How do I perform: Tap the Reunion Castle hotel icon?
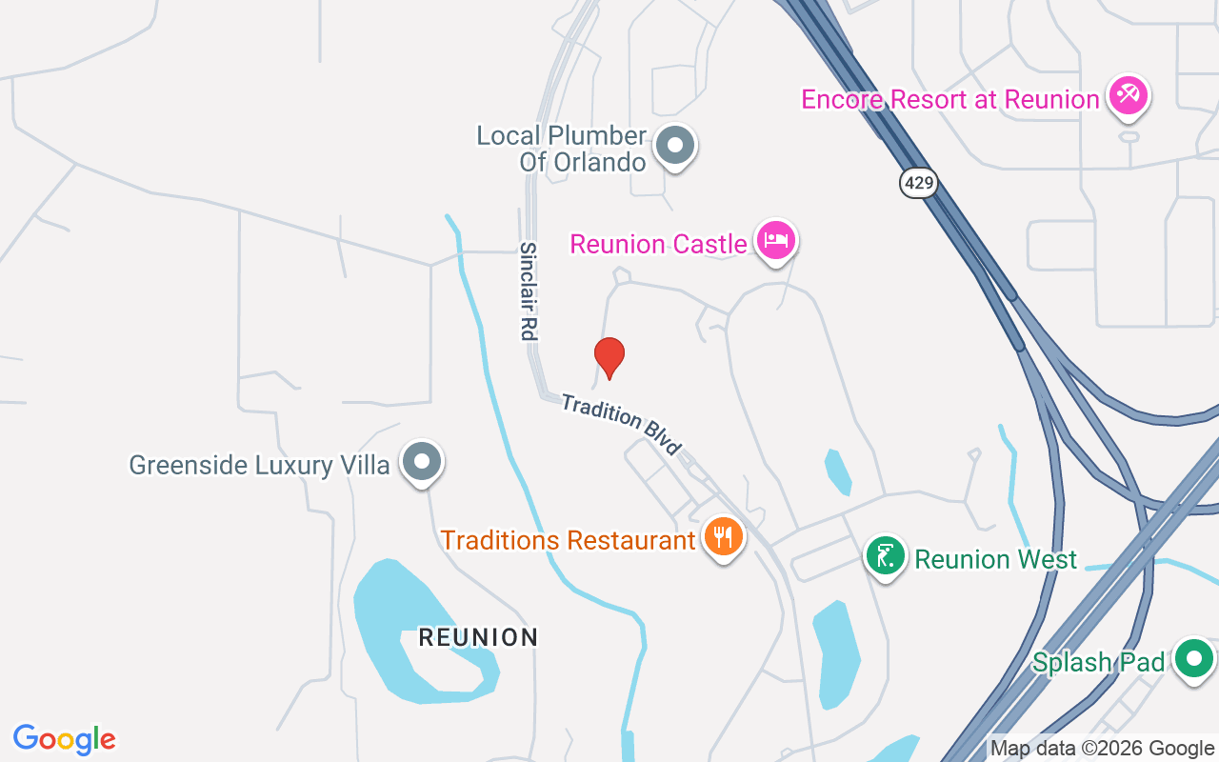pos(775,240)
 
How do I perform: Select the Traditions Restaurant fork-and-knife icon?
pos(723,537)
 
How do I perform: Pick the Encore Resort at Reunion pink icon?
pos(1129,95)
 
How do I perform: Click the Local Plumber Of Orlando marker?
pos(676,147)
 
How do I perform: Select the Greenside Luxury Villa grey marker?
pos(422,463)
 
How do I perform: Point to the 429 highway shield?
pos(918,183)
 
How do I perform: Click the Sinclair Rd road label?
pos(529,291)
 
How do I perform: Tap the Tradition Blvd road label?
pos(622,424)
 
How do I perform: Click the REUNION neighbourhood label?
pos(478,637)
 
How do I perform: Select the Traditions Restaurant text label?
pos(568,541)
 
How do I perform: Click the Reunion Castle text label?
pos(658,245)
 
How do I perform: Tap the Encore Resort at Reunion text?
pos(949,100)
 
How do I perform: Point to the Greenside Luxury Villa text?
pos(259,466)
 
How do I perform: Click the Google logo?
pos(64,739)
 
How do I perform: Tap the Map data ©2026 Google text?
pos(1102,749)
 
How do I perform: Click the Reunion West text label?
pos(995,559)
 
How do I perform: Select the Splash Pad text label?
pos(1098,662)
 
